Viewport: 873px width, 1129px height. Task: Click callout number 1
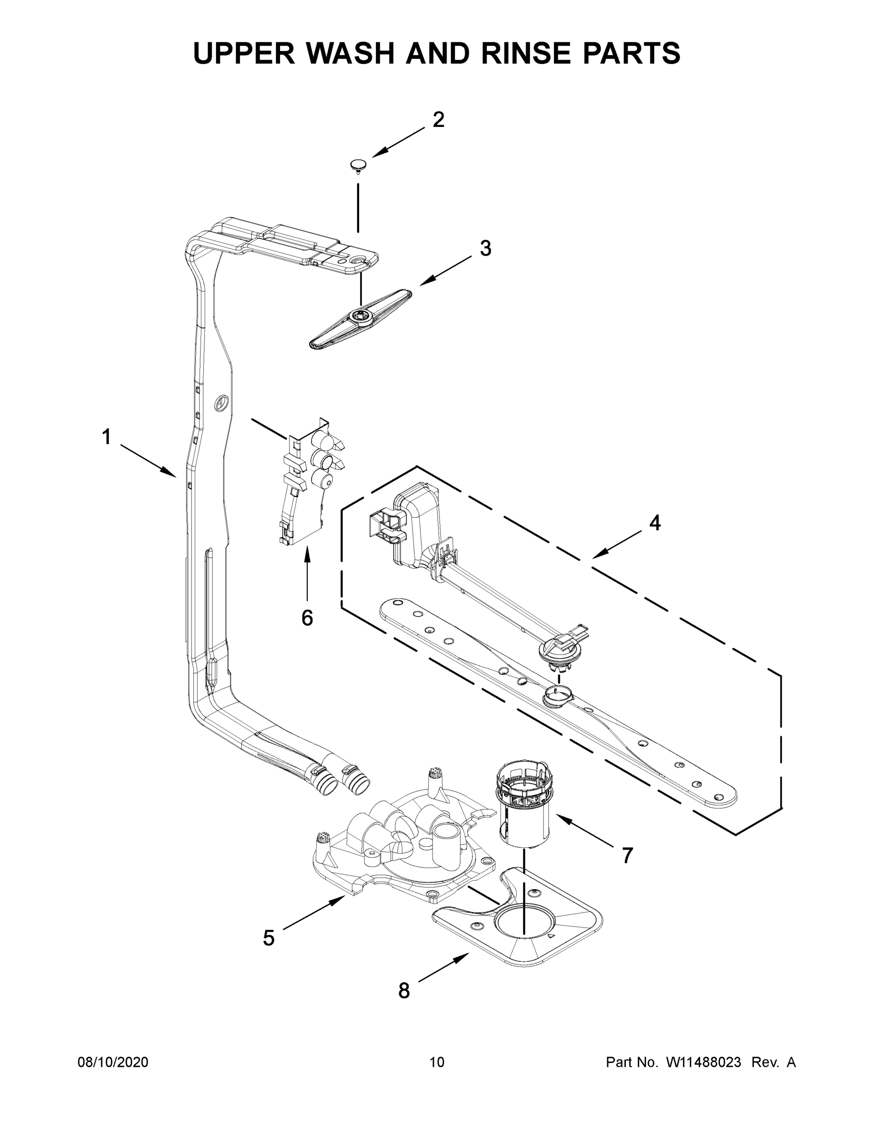click(x=106, y=437)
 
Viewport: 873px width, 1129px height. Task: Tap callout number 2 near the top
click(x=438, y=120)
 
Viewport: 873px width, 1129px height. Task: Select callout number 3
click(x=485, y=249)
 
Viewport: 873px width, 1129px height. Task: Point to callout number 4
click(x=654, y=523)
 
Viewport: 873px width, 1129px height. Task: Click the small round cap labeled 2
click(x=357, y=165)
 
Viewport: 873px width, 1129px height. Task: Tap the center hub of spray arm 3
click(x=359, y=317)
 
